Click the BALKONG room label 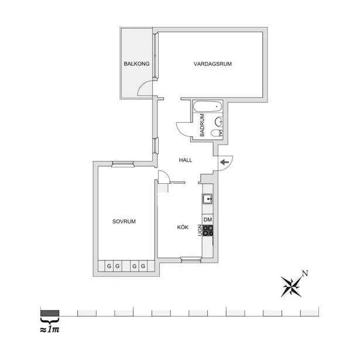pyautogui.click(x=136, y=64)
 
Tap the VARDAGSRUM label pyautogui.click(x=212, y=64)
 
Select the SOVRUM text pyautogui.click(x=124, y=221)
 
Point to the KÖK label pyautogui.click(x=183, y=227)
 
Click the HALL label pyautogui.click(x=186, y=160)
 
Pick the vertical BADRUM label pyautogui.click(x=202, y=125)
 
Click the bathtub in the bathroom pyautogui.click(x=208, y=107)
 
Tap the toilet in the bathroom pyautogui.click(x=217, y=133)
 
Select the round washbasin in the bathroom pyautogui.click(x=219, y=121)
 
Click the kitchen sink pyautogui.click(x=207, y=199)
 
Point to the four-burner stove pyautogui.click(x=208, y=230)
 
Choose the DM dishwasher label pyautogui.click(x=208, y=220)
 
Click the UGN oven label pyautogui.click(x=200, y=230)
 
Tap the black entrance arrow pyautogui.click(x=225, y=162)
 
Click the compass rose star pyautogui.click(x=292, y=286)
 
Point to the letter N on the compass pyautogui.click(x=304, y=273)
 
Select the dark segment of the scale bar pyautogui.click(x=50, y=313)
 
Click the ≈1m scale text pyautogui.click(x=50, y=330)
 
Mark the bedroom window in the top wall pyautogui.click(x=122, y=164)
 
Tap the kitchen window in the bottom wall pyautogui.click(x=191, y=260)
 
